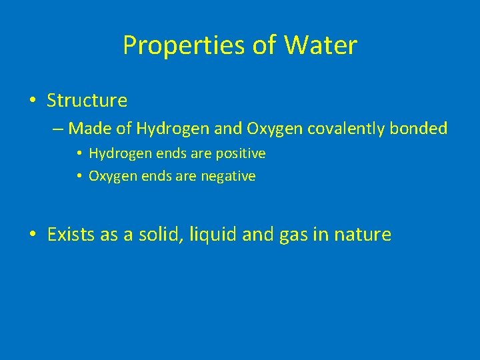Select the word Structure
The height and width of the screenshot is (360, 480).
[87, 101]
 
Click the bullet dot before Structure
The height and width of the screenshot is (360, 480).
[33, 101]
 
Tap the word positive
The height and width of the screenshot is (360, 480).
[241, 154]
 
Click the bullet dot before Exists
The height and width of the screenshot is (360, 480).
[33, 235]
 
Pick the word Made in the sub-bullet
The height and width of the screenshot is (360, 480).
[87, 128]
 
